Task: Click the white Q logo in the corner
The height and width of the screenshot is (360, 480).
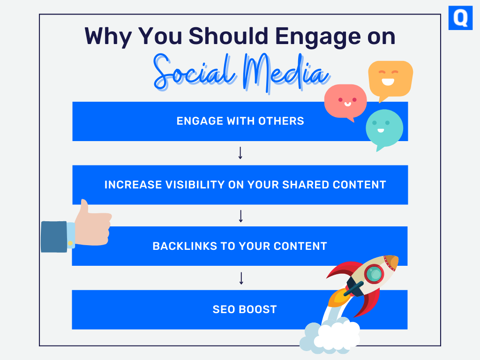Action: point(460,18)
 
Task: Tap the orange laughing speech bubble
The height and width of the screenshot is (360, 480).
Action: point(390,80)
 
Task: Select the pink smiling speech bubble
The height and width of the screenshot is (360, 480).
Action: point(345,102)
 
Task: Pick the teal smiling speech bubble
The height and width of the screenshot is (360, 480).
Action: point(384,128)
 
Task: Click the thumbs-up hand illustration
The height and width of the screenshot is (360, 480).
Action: point(92,225)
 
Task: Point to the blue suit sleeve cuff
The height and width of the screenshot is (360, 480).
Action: point(54,237)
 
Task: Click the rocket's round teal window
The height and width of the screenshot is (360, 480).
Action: point(374,274)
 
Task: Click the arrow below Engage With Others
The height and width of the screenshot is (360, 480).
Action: point(240,153)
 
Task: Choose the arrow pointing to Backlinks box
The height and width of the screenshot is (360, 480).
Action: point(241,216)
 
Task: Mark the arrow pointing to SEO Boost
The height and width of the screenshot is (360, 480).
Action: point(241,278)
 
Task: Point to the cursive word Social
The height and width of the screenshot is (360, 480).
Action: point(195,73)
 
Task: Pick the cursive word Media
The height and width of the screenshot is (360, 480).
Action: point(286,74)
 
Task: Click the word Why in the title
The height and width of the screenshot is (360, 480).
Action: point(108,37)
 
